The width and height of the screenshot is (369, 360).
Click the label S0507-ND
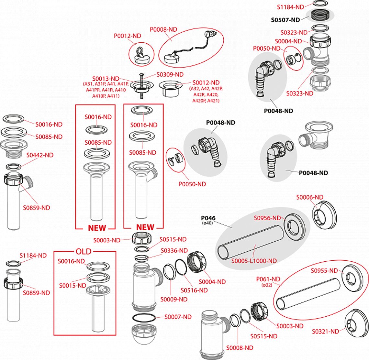point(285,20)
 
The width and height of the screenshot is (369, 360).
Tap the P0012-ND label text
point(127,36)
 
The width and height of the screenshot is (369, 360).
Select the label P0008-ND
point(163,29)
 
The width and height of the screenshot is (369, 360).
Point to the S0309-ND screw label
point(170,75)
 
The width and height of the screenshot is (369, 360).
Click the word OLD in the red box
point(84,252)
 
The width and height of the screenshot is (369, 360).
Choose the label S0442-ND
point(40,155)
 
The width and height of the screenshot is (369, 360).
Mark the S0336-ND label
point(174,251)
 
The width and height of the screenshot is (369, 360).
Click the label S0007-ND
point(178,317)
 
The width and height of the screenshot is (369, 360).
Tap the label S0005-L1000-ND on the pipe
point(254,261)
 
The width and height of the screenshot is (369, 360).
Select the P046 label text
point(208,218)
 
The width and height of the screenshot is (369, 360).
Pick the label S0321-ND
point(325,332)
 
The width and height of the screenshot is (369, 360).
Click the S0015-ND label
point(73,286)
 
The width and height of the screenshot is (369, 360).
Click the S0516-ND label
point(194,290)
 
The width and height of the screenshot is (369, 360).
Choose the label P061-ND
point(268,279)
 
